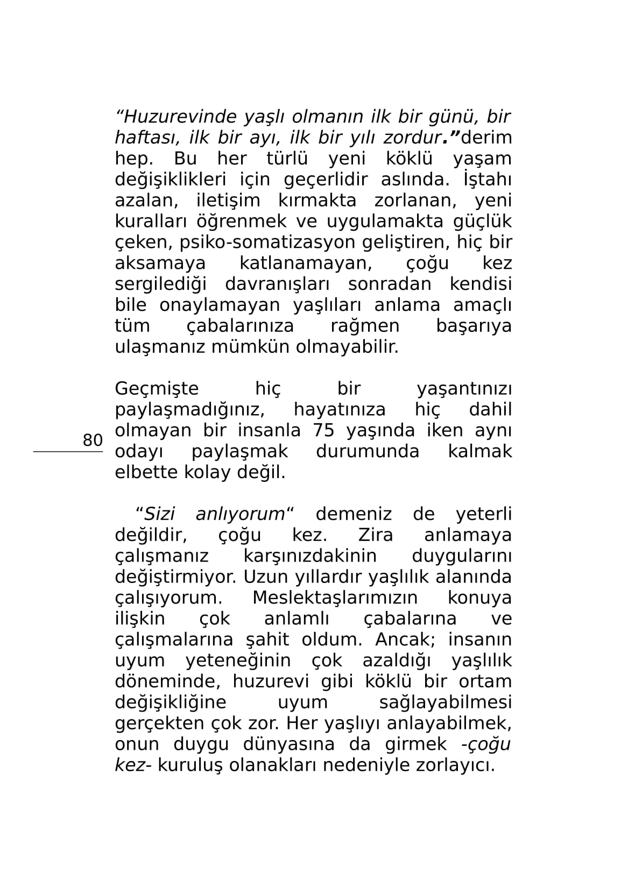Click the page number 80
[x=93, y=440]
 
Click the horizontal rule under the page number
[x=68, y=452]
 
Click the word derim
[x=486, y=138]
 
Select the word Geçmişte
[x=157, y=389]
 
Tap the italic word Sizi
[x=160, y=514]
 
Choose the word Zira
[x=375, y=535]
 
